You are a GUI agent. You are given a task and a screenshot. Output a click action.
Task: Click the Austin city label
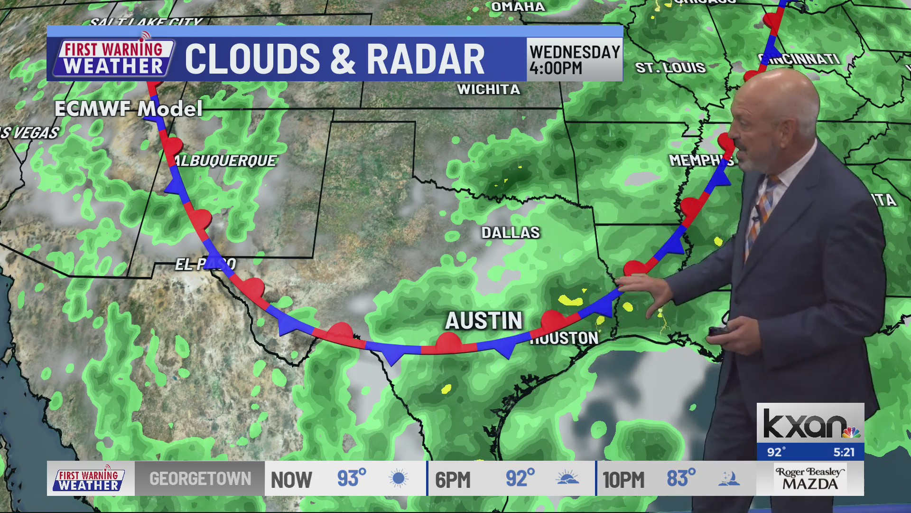[483, 321]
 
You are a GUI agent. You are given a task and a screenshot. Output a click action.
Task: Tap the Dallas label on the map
[511, 233]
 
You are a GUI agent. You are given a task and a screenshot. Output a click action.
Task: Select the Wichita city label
[488, 89]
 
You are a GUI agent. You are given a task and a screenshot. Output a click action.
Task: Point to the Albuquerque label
[225, 161]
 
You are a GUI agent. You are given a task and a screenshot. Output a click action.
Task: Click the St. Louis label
[670, 68]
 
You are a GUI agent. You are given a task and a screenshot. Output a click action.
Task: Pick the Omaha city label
[518, 7]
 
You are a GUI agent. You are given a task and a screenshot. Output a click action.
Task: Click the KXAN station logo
[810, 424]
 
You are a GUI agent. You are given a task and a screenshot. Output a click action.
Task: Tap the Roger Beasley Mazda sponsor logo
[810, 479]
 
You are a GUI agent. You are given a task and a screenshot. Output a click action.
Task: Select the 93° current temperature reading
[352, 478]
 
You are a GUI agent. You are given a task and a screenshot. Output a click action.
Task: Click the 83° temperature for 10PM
[681, 478]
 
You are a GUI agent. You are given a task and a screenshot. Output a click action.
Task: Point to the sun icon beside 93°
[398, 478]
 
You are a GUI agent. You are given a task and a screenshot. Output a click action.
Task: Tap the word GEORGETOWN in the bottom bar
[200, 478]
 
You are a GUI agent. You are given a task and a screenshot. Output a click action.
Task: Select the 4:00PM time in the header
[556, 68]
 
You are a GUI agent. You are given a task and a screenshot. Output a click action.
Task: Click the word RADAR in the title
[426, 59]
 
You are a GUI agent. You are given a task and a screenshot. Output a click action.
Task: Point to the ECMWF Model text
[129, 109]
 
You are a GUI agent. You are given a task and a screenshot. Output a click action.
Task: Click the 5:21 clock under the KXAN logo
[844, 452]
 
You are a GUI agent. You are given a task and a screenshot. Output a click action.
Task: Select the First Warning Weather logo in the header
[113, 58]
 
